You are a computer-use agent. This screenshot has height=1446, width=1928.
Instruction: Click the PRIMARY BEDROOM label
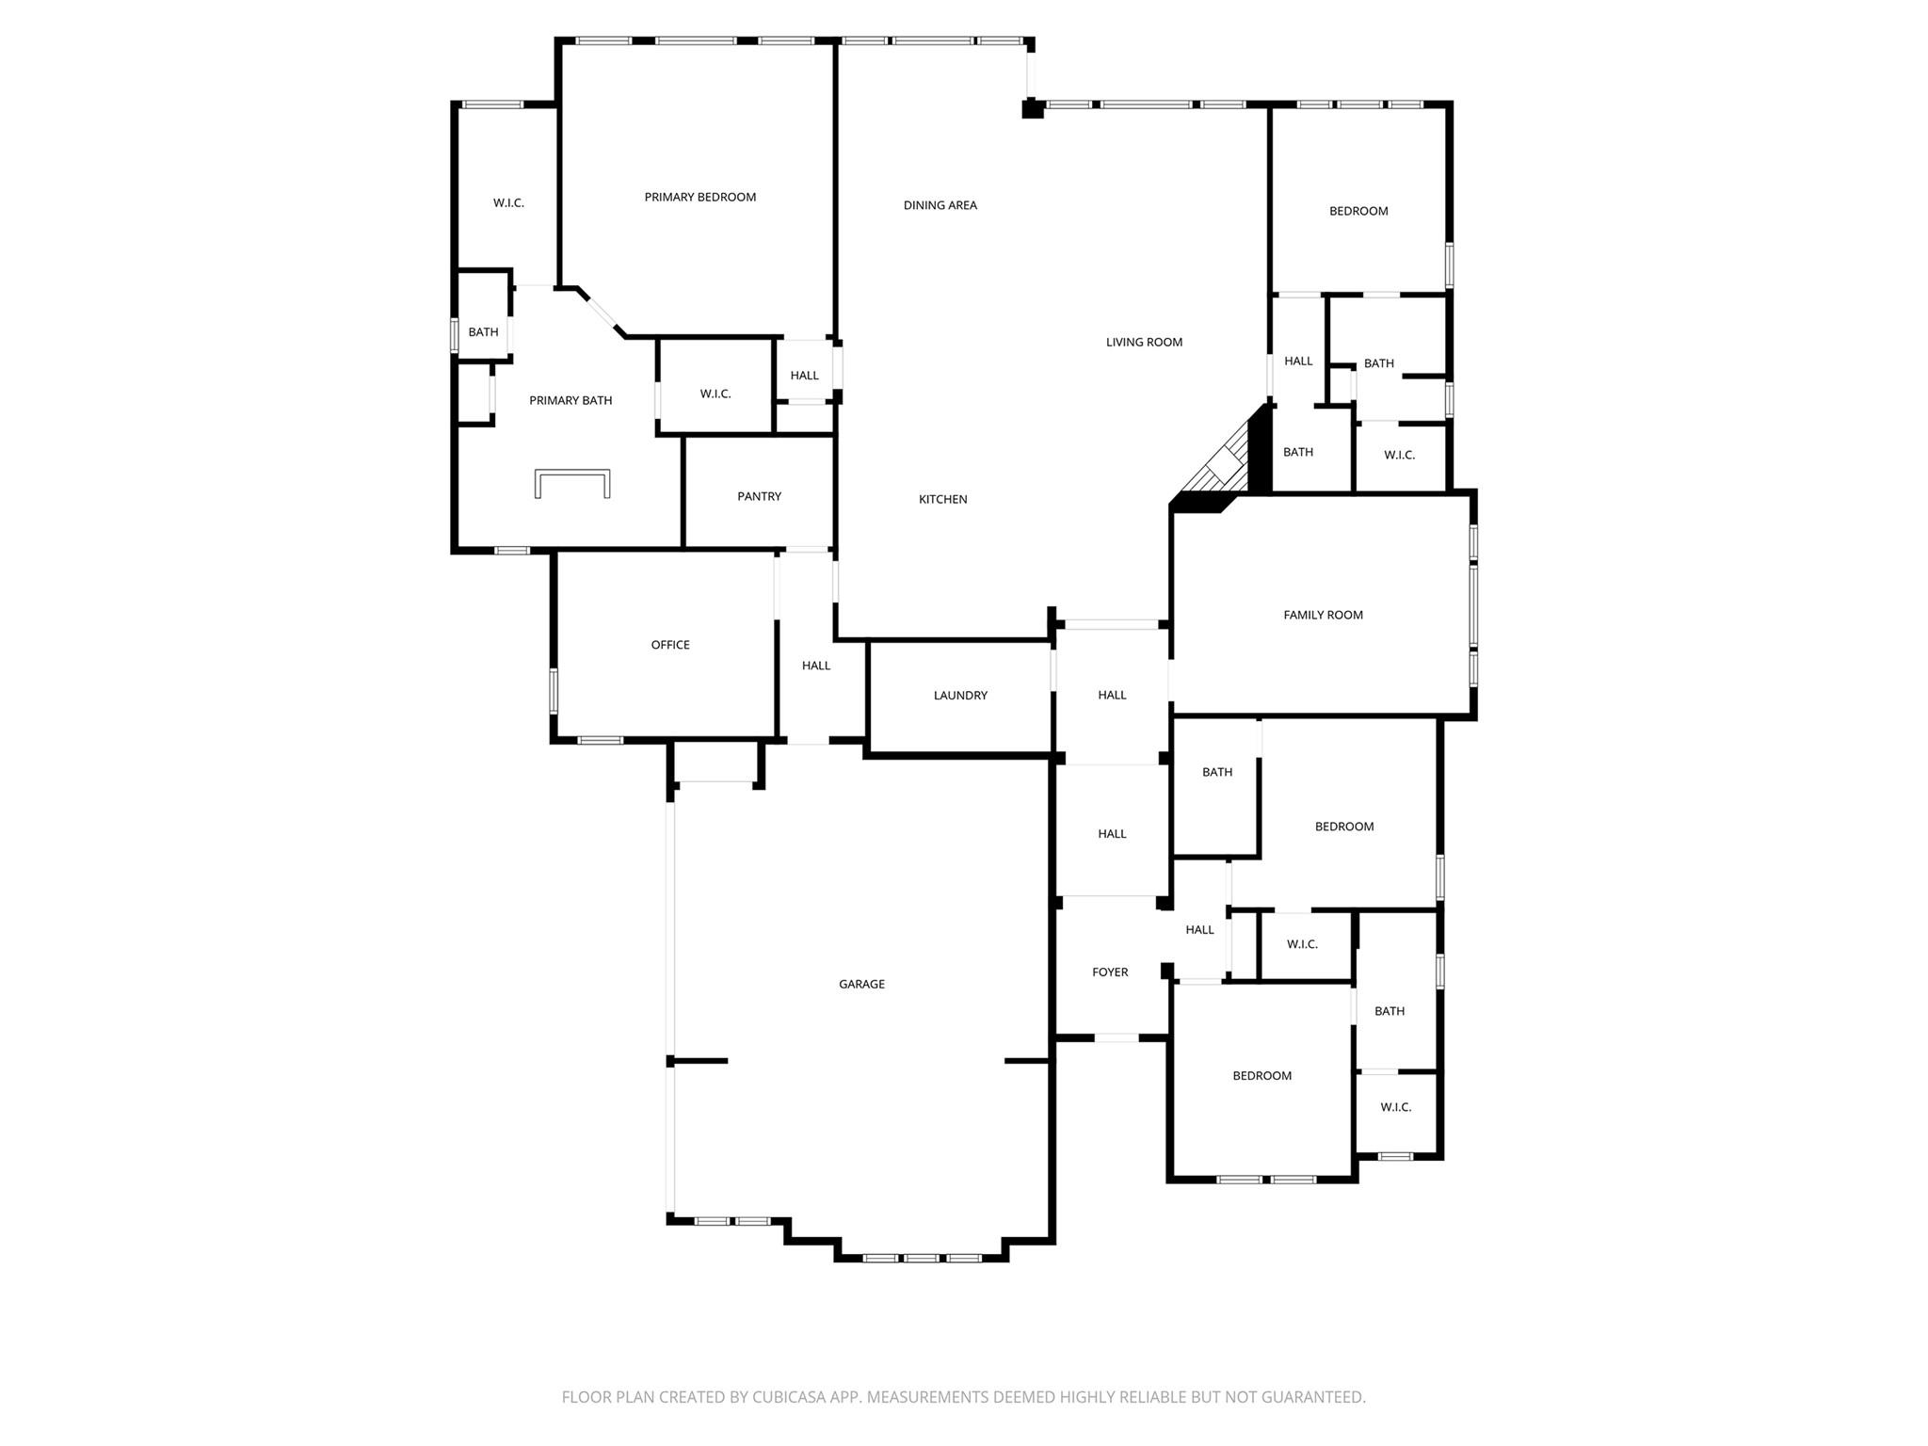point(699,197)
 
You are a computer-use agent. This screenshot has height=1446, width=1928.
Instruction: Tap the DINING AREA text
point(940,205)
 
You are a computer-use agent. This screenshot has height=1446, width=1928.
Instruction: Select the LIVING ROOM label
point(1144,343)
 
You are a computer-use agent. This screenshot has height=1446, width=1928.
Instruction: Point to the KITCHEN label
point(942,500)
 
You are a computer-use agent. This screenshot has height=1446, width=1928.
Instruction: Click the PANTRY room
point(759,496)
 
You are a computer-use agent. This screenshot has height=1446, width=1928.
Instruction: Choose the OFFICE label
point(670,645)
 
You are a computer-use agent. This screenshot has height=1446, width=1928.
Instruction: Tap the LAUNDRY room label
point(960,696)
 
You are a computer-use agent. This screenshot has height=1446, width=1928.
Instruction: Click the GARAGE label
point(861,985)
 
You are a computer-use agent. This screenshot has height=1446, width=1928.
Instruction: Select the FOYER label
point(1110,972)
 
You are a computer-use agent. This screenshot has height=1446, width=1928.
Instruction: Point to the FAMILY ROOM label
point(1323,616)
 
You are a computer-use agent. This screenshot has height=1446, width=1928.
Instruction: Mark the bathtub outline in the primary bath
point(572,482)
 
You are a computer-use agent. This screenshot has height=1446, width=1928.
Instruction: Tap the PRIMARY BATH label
point(570,401)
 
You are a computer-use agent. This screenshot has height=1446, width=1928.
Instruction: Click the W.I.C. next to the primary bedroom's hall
point(715,394)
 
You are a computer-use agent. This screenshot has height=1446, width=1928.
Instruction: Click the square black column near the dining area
point(1033,109)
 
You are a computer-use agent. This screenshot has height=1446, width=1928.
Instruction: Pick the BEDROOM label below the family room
point(1343,827)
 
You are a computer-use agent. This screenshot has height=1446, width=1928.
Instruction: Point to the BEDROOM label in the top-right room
point(1358,211)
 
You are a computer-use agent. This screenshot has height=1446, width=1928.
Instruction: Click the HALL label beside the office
point(816,666)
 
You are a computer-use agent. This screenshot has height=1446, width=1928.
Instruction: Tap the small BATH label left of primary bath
point(483,332)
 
